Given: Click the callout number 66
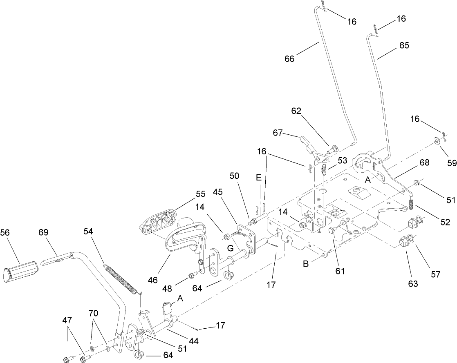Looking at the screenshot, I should click(290, 59).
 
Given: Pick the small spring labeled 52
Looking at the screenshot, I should click(412, 203).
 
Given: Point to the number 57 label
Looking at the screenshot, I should click(435, 274).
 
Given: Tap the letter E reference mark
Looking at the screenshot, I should click(258, 178).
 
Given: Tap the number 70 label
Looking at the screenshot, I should click(94, 313).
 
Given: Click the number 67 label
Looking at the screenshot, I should click(278, 133).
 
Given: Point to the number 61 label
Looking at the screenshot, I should click(341, 271).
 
